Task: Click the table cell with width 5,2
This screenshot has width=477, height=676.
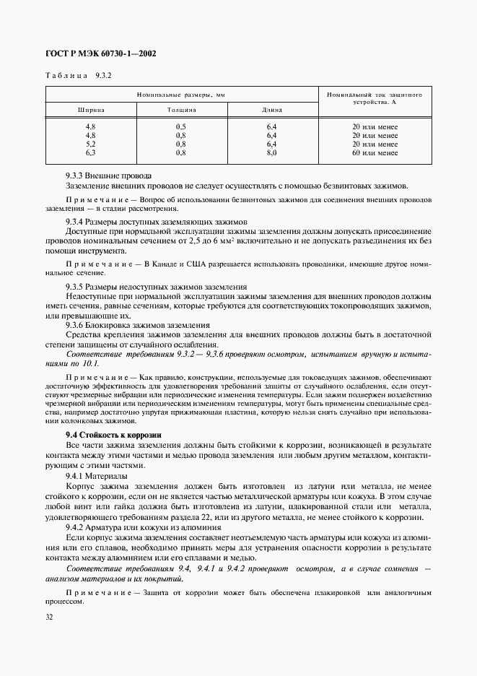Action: tap(91, 144)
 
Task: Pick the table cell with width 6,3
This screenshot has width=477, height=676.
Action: tap(91, 152)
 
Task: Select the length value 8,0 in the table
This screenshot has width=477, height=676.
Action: tap(271, 152)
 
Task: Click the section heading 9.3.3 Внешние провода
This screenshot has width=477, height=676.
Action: tap(108, 175)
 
